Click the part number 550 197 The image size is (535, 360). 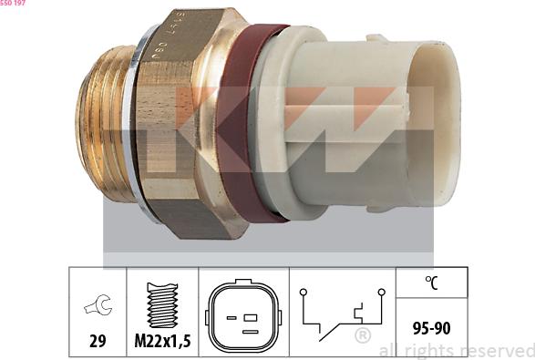click(13, 4)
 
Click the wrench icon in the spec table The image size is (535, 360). click(98, 306)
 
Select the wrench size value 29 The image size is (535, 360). click(98, 342)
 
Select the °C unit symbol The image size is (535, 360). click(432, 282)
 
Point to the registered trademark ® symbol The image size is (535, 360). click(362, 337)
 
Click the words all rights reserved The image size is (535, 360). click(456, 351)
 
